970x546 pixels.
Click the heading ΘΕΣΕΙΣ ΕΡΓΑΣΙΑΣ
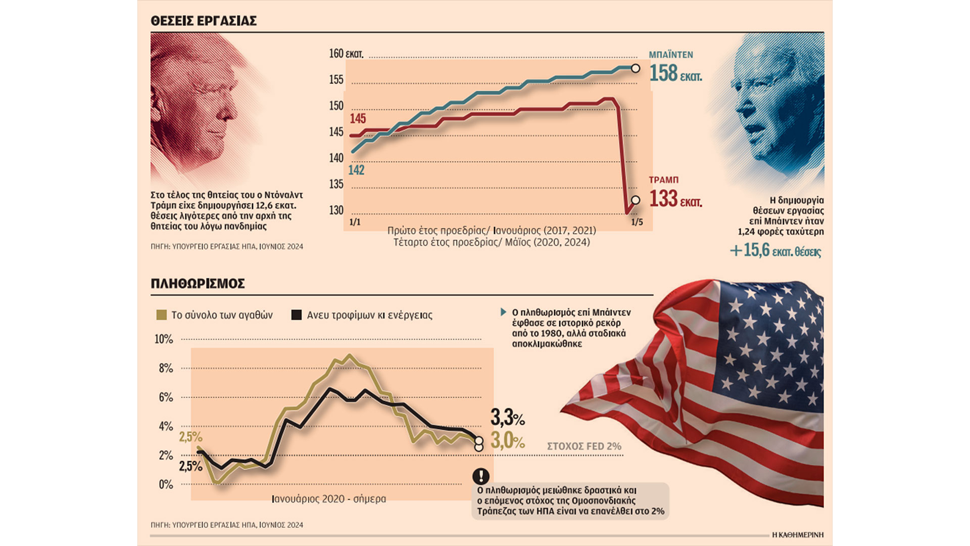pos(204,21)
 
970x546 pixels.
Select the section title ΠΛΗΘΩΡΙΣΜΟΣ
pos(198,284)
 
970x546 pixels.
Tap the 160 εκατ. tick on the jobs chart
pos(346,54)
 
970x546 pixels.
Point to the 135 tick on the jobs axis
pos(336,184)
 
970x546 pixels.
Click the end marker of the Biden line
pos(636,68)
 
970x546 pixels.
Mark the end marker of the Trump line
pos(636,200)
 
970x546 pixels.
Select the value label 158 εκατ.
pos(675,73)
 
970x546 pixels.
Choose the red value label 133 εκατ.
pos(675,199)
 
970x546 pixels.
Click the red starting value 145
pos(358,119)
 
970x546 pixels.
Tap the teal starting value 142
pos(356,170)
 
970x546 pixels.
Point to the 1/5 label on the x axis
pos(637,222)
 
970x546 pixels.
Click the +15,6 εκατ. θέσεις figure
pos(775,250)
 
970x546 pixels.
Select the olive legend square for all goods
pos(162,315)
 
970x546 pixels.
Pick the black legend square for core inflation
pos(297,315)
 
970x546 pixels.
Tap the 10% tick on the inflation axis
pos(164,339)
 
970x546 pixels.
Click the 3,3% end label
pos(507,418)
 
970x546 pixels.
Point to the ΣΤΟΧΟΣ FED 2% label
pos(584,446)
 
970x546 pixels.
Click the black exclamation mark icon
pos(480,476)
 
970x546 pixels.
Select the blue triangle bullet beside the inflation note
pos(503,312)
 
